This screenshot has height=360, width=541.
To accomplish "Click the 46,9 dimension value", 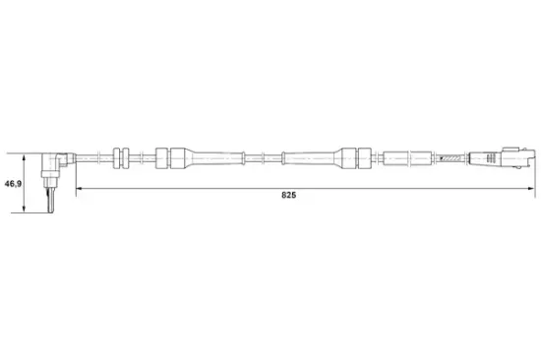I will click(x=13, y=185).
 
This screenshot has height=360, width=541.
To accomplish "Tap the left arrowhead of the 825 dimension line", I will click(x=81, y=187).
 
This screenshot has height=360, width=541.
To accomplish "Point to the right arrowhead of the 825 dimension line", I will click(x=531, y=187).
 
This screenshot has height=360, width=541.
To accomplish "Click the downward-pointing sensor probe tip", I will click(x=48, y=203).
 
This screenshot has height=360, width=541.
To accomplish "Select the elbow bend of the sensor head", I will click(x=59, y=158).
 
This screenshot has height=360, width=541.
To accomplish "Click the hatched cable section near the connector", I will click(x=452, y=156).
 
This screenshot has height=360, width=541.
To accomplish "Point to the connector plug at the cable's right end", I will click(x=502, y=155).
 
